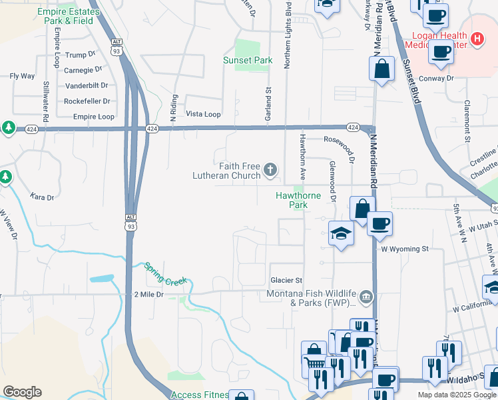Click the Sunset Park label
click(248, 61)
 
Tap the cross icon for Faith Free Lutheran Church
click(270, 170)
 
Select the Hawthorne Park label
click(299, 200)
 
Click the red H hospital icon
click(477, 39)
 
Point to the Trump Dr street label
click(81, 54)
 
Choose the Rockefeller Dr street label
click(87, 101)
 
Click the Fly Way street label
click(22, 76)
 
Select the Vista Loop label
click(203, 115)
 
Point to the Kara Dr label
click(42, 197)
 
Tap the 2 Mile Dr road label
click(148, 294)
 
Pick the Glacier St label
click(286, 280)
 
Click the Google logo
click(22, 392)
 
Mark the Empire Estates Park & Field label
click(65, 16)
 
